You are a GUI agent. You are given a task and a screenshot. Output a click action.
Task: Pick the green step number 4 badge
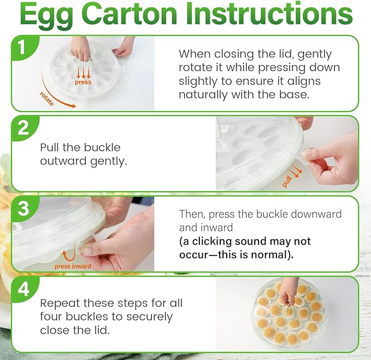pos(23,289)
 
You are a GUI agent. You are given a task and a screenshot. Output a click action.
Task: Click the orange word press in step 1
pos(83,83)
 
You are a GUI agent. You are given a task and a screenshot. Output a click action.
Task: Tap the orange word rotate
pos(46,98)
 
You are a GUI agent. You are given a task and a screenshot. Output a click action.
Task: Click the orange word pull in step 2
pos(286,182)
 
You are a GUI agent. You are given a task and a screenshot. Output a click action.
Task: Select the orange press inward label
pos(73,266)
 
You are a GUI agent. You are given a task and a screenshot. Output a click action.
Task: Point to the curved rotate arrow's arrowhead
pos(74,106)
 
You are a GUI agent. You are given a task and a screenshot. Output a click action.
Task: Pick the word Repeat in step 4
pos(60,304)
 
